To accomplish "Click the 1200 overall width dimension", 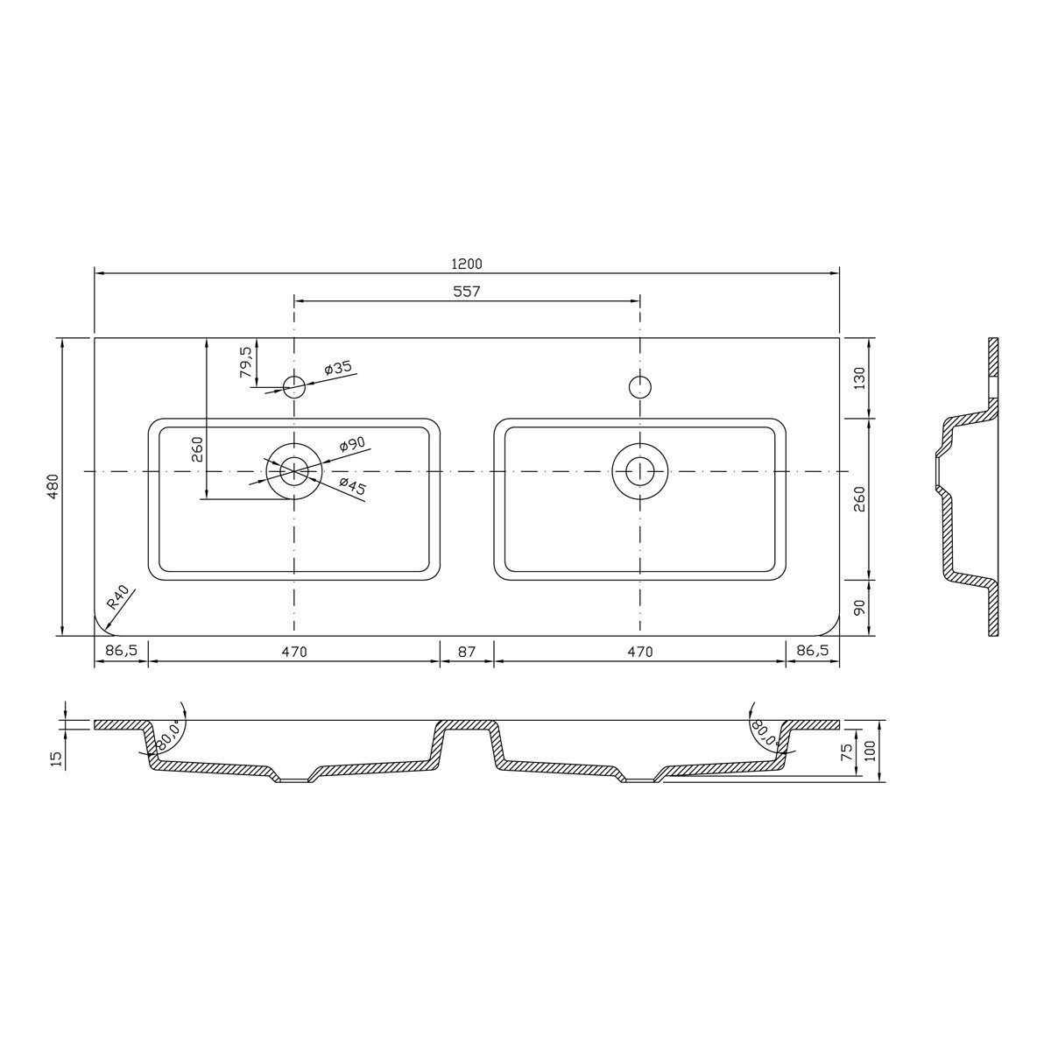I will pyautogui.click(x=467, y=263).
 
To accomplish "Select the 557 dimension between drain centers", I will pyautogui.click(x=467, y=291).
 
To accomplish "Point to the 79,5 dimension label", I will pyautogui.click(x=246, y=362).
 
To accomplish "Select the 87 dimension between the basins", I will pyautogui.click(x=467, y=652).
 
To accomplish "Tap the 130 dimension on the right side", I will pyautogui.click(x=859, y=377).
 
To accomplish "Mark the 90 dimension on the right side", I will pyautogui.click(x=859, y=607).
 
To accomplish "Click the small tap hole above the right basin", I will pyautogui.click(x=641, y=385).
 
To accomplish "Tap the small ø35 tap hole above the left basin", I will pyautogui.click(x=294, y=385).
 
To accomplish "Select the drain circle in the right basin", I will pyautogui.click(x=641, y=470).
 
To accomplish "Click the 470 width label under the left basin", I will pyautogui.click(x=294, y=652).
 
